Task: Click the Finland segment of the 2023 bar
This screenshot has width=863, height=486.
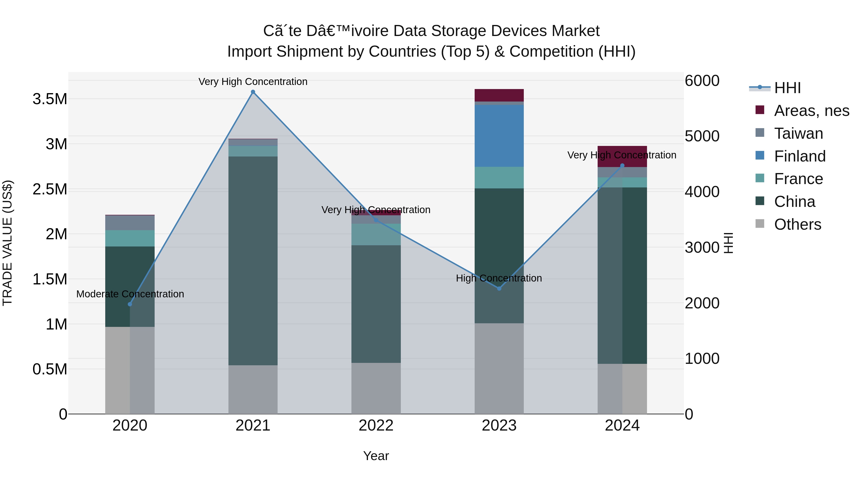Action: (499, 136)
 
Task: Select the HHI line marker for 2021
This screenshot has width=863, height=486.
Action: (253, 92)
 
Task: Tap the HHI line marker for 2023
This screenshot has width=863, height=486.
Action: (499, 288)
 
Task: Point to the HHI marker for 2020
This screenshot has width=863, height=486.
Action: (130, 304)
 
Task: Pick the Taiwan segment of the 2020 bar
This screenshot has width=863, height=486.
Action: (130, 223)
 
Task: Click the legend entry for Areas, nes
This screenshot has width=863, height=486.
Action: (811, 111)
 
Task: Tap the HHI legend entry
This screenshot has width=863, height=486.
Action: (787, 88)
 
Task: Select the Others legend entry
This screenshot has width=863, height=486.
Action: (797, 224)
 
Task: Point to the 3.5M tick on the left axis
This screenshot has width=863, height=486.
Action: (50, 99)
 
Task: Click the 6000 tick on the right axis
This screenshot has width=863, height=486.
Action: (702, 81)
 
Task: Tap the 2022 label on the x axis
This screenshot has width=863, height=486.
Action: (376, 426)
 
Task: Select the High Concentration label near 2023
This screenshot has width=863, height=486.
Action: (499, 278)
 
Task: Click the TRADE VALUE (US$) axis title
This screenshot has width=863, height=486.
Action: (7, 243)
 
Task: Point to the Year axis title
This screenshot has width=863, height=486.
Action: (376, 456)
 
